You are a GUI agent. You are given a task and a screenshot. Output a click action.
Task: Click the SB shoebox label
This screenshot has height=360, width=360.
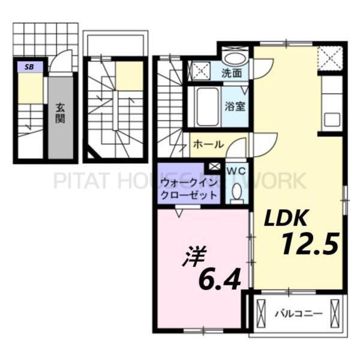[x=28, y=67]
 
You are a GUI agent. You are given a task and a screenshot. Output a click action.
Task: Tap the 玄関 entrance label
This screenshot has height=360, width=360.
[x=61, y=113]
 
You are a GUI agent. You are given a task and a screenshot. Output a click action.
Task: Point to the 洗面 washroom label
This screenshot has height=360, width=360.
[x=232, y=74]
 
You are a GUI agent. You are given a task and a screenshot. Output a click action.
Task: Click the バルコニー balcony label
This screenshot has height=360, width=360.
[x=298, y=313]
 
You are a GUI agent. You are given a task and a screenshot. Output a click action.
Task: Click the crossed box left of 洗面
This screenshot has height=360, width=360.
[x=200, y=70]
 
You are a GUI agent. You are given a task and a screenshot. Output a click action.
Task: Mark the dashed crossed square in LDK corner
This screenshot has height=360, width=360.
[x=329, y=58]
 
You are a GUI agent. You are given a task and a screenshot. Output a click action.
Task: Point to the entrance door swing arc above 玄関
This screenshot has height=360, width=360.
[x=59, y=63]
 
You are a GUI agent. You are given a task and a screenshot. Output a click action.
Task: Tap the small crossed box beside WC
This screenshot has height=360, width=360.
[x=214, y=166]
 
